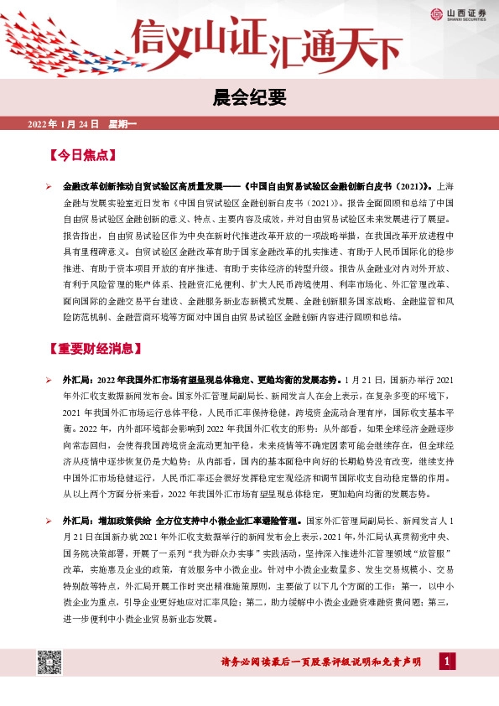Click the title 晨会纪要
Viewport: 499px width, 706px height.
coord(249,98)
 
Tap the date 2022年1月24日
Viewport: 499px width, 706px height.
coord(64,125)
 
